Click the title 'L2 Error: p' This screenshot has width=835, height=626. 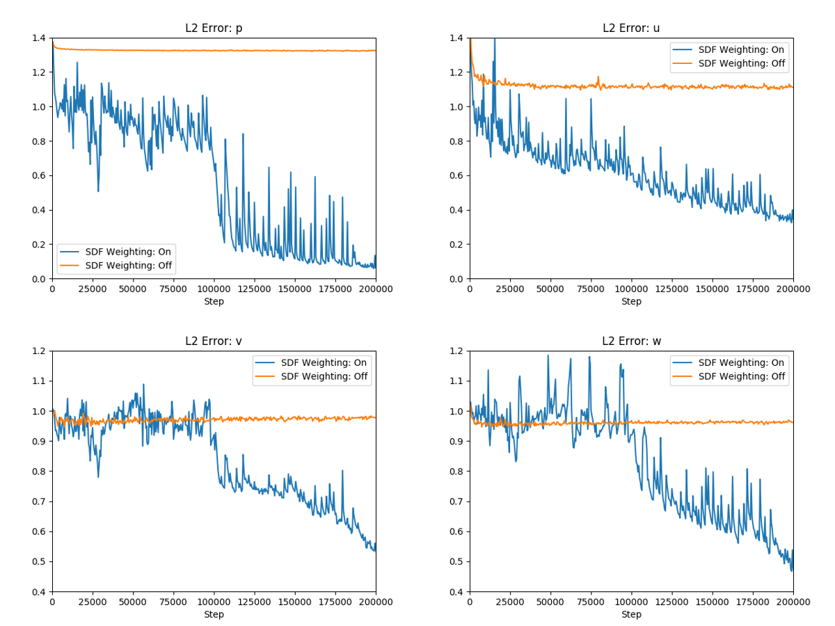point(214,29)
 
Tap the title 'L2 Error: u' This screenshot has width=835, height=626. point(631,29)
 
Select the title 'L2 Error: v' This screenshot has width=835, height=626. point(214,342)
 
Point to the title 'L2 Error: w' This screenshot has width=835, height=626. point(631,342)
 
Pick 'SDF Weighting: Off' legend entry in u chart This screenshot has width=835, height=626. point(742,63)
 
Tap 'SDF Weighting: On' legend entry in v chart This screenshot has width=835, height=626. point(324,362)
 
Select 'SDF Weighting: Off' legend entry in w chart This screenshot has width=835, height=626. point(742,376)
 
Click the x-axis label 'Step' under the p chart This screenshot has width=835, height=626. point(214,302)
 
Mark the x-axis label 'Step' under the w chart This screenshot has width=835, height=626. point(631,615)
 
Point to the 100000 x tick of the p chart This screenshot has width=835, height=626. point(214,289)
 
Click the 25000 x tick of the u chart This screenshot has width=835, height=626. point(510,289)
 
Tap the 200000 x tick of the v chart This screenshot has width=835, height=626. point(376,602)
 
